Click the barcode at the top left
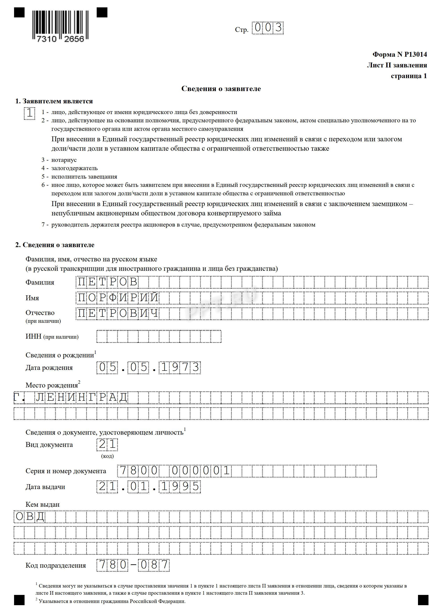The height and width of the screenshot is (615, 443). [61, 26]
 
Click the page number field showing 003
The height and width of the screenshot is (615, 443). [267, 28]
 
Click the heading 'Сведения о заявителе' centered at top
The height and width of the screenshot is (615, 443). [221, 89]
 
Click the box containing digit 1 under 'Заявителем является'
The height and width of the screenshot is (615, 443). [29, 113]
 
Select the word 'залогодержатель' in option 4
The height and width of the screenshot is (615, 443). [74, 168]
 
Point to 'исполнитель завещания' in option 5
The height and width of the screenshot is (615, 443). [84, 177]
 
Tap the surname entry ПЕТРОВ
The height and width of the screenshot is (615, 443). [108, 282]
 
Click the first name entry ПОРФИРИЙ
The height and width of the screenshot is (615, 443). [118, 298]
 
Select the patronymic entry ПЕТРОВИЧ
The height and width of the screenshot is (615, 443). [118, 313]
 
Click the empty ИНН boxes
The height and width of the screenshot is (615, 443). [159, 336]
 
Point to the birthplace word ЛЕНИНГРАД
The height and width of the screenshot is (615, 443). [81, 398]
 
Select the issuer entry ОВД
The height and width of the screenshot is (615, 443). [30, 517]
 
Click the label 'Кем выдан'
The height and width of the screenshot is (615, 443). [42, 504]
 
